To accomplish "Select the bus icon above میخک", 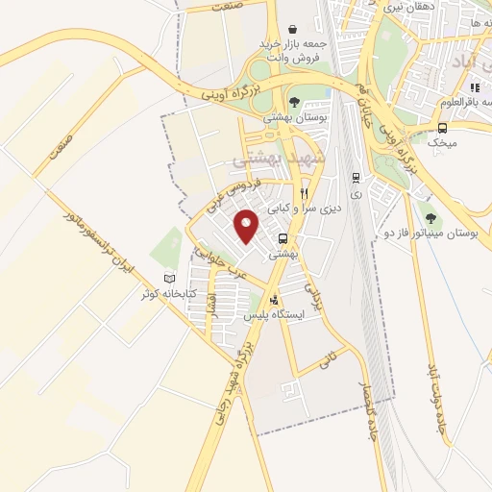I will (x=443, y=128).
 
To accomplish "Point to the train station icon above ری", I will (x=357, y=177).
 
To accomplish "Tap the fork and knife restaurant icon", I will (x=304, y=192).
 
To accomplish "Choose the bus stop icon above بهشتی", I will (x=283, y=237).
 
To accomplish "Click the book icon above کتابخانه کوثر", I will (x=170, y=279).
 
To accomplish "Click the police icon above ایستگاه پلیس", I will (x=277, y=300).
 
